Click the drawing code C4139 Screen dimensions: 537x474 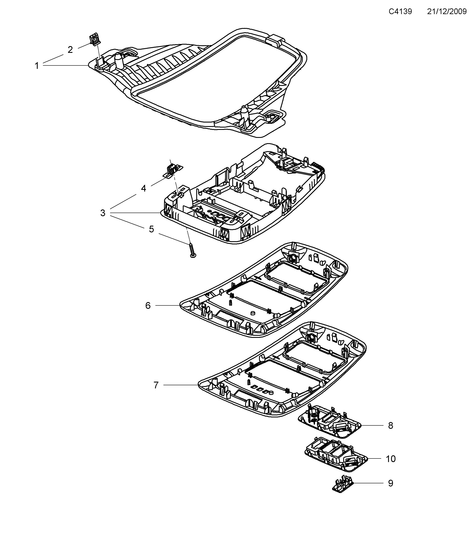tap(400, 11)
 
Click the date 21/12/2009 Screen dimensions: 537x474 tap(447, 11)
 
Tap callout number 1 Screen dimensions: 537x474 tap(37, 66)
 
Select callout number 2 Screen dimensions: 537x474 tap(70, 49)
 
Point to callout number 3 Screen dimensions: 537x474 tap(103, 213)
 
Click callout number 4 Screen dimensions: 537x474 tap(143, 188)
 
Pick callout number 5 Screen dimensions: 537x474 tap(151, 229)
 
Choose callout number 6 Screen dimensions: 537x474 tap(148, 305)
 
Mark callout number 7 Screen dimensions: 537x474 tap(156, 385)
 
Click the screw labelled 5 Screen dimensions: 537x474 tap(192, 251)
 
